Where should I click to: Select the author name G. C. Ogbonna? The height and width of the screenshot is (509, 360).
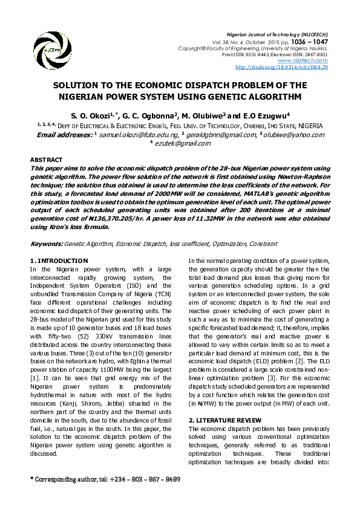pyautogui.click(x=146, y=115)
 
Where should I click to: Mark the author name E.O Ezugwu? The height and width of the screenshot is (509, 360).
pyautogui.click(x=262, y=115)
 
